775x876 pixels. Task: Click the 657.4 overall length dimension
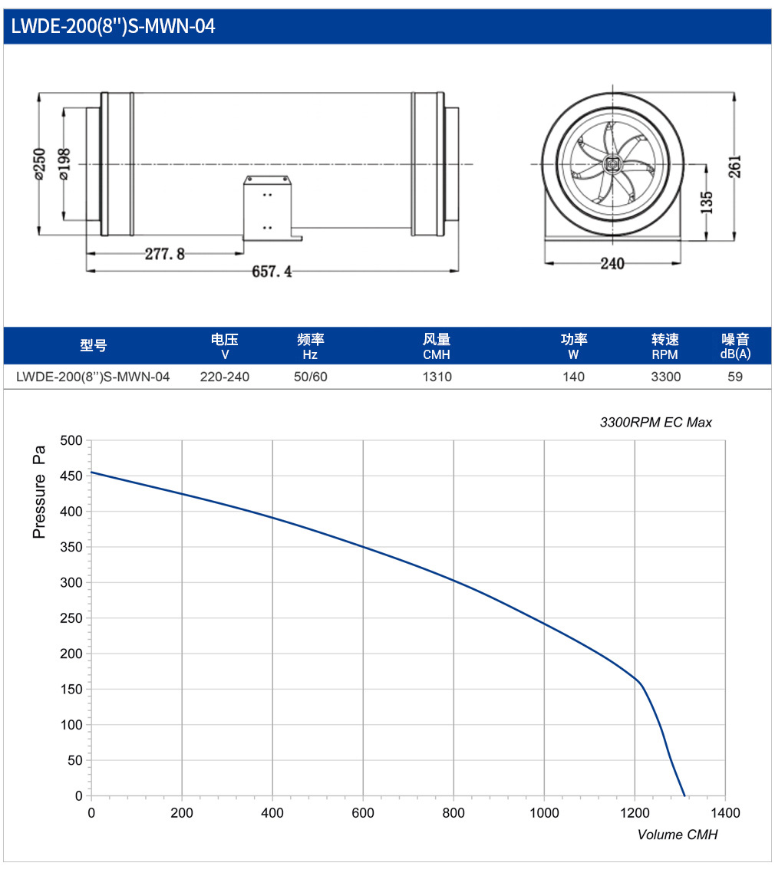(x=272, y=272)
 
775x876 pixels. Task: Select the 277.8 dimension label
(x=165, y=254)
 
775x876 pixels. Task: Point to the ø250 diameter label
(x=39, y=163)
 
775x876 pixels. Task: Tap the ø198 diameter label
(x=64, y=163)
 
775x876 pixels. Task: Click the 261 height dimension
(x=735, y=166)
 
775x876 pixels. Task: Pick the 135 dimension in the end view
(x=707, y=203)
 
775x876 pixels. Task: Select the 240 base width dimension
(x=612, y=264)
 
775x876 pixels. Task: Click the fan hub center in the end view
(x=612, y=164)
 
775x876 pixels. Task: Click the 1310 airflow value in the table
(x=437, y=377)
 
